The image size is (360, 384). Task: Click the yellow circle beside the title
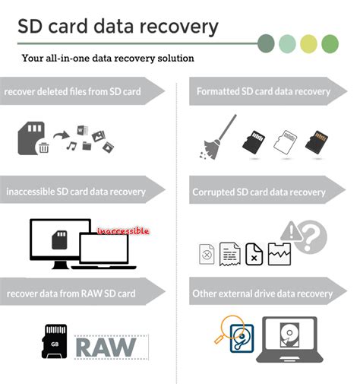(x=308, y=43)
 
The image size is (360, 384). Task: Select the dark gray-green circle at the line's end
(x=267, y=43)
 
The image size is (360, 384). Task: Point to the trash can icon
(x=44, y=147)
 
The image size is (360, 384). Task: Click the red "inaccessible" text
(x=122, y=229)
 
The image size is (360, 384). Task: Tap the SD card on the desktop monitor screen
(x=62, y=240)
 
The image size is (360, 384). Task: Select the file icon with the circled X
(x=206, y=254)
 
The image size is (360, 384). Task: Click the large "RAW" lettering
(x=106, y=347)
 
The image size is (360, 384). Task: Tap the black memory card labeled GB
(x=55, y=343)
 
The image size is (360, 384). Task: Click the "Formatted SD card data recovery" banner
(x=263, y=92)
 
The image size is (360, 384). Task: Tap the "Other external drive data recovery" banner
(x=263, y=293)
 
